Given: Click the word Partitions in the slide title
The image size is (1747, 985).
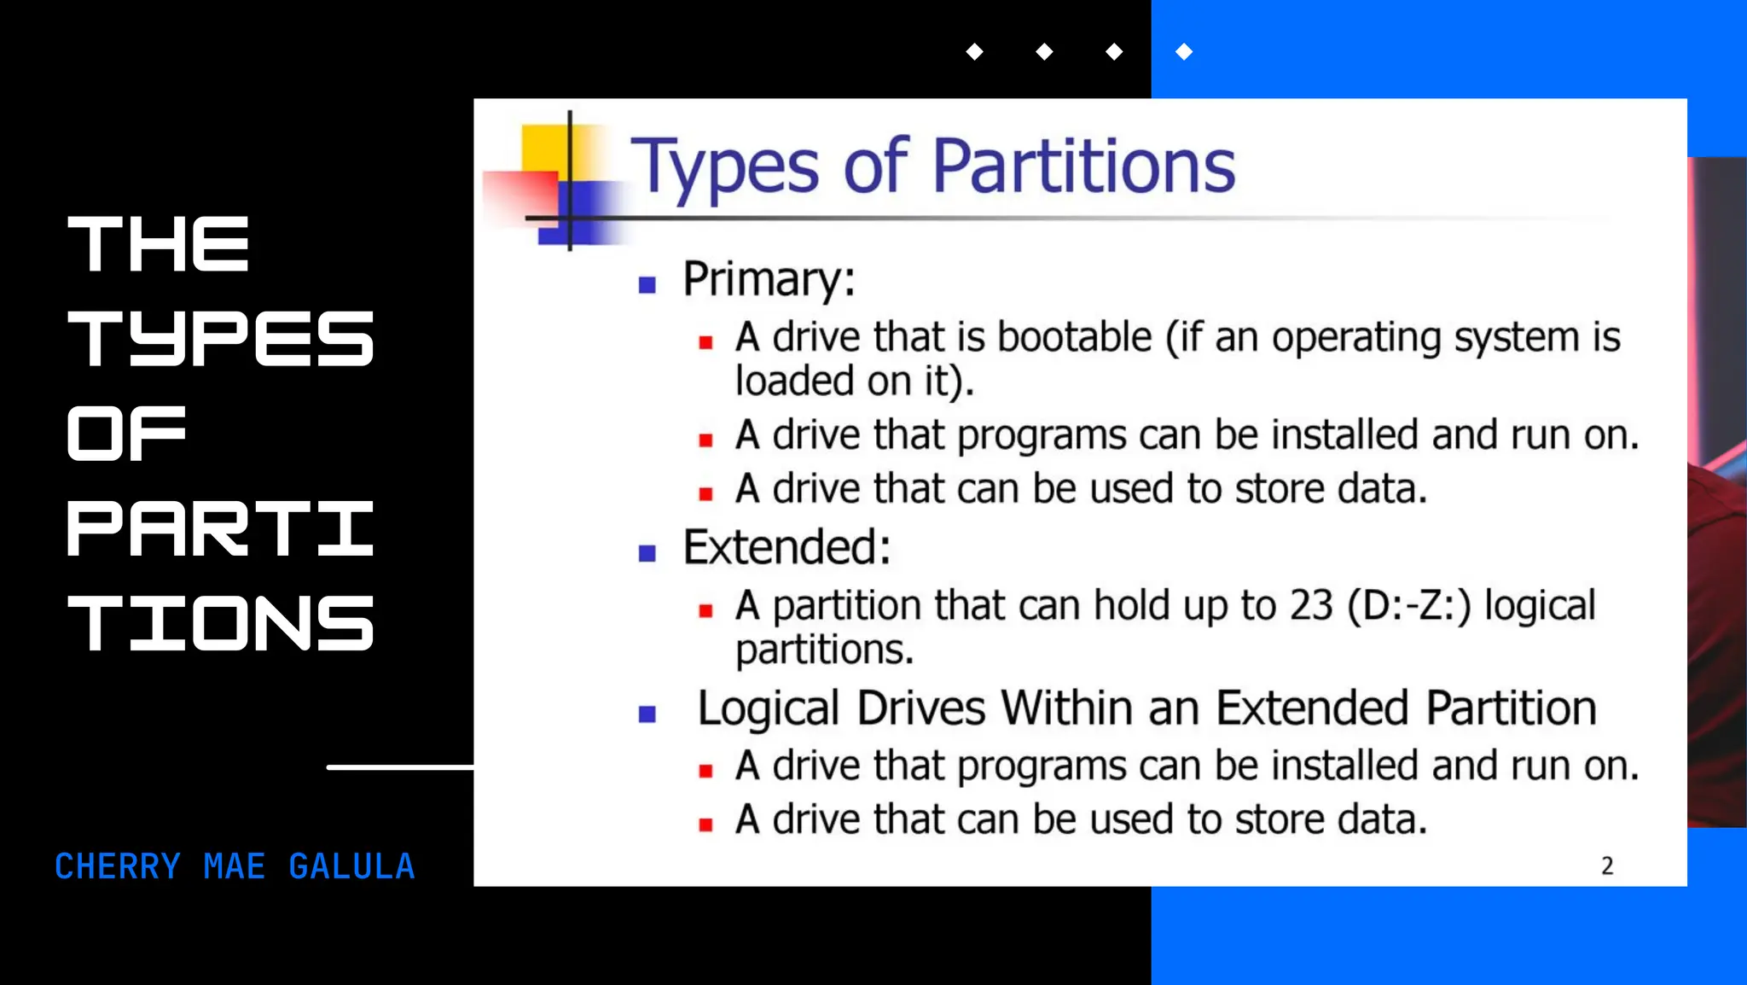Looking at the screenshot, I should point(1083,166).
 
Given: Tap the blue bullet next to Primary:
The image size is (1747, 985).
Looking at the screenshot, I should point(647,285).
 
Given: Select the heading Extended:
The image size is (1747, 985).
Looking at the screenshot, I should point(786,547).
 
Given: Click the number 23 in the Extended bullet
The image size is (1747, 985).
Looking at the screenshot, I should point(1310,605).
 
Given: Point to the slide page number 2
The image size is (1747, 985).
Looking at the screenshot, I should point(1607,866).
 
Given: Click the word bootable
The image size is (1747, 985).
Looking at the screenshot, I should point(1074,337).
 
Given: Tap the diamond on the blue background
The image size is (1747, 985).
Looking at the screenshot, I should point(1184,52).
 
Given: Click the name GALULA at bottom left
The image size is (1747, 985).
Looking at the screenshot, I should point(351,866).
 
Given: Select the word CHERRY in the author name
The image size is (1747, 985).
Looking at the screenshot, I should point(118,866).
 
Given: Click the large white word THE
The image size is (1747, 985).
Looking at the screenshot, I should point(159,244).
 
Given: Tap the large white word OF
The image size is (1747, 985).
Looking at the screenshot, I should point(126,434).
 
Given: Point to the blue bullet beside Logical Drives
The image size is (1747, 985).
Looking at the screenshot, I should point(647,714).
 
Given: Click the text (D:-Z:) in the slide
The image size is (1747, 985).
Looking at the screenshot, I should point(1409,605).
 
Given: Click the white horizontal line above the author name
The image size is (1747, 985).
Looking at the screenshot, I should point(399,767).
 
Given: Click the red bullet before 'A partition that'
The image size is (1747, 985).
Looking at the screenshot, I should point(705,611).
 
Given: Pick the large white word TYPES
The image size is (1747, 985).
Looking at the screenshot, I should point(220,339).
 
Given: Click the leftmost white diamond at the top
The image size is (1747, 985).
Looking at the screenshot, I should point(974,52).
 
